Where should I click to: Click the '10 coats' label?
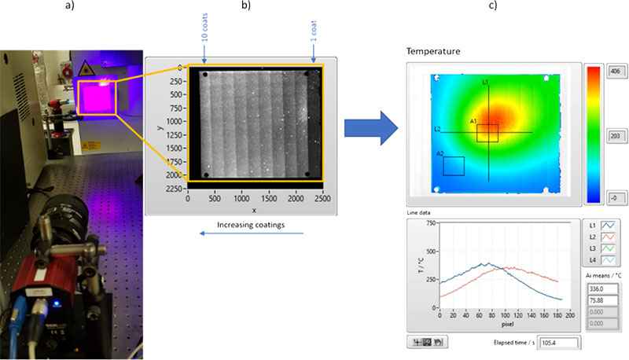click(204, 35)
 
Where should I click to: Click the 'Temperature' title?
click(432, 52)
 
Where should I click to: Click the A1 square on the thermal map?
click(487, 132)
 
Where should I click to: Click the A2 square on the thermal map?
click(454, 166)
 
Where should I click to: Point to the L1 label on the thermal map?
click(485, 82)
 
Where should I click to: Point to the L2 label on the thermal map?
click(438, 129)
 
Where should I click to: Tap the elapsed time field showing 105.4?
click(557, 343)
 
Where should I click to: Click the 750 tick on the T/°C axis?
click(430, 223)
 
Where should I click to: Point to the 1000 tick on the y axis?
click(175, 121)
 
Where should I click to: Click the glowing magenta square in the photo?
click(96, 97)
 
